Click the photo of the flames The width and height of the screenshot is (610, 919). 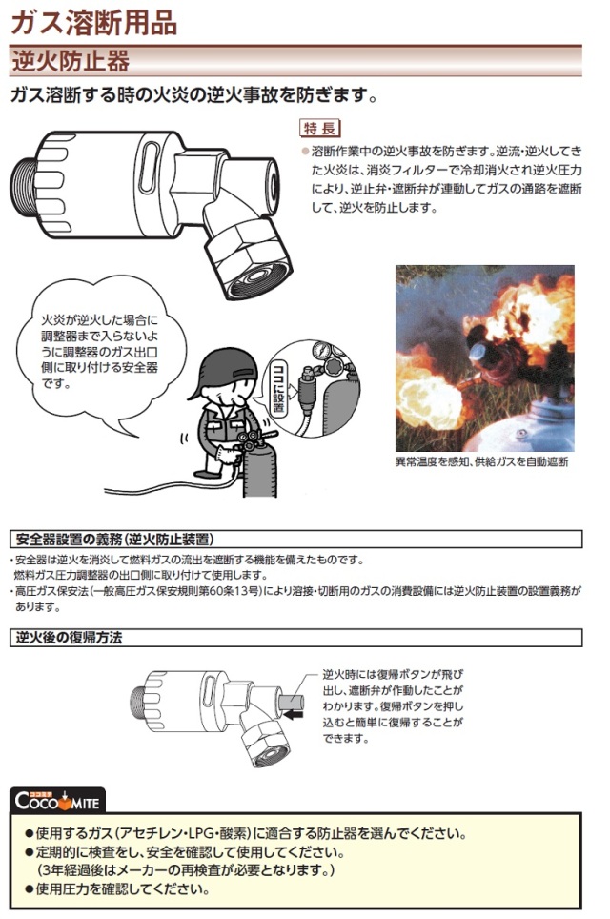pos(483,357)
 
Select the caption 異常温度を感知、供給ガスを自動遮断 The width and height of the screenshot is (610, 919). pos(481,462)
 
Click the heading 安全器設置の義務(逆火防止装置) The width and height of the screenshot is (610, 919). pos(112,539)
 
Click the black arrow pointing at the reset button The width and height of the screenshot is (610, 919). pos(293,710)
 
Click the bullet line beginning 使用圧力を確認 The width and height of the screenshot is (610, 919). pos(123,890)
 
